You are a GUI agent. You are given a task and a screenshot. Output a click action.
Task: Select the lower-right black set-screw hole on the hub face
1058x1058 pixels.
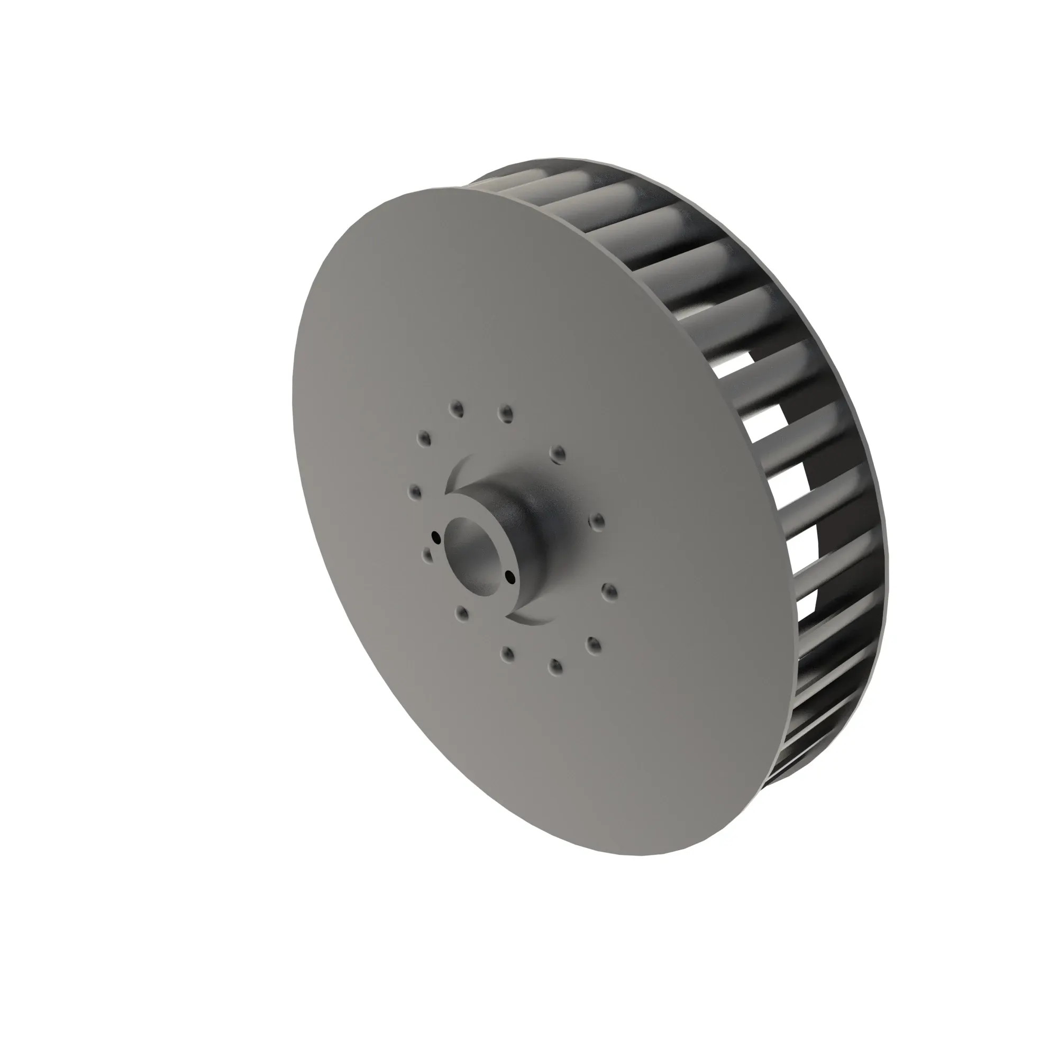pos(510,576)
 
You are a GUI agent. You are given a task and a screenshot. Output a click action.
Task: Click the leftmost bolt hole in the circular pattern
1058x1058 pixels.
pos(415,491)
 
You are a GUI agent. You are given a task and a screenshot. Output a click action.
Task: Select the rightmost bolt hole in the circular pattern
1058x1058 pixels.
pos(609,591)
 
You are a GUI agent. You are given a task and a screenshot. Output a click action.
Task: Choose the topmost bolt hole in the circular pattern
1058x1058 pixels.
pos(456,408)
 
